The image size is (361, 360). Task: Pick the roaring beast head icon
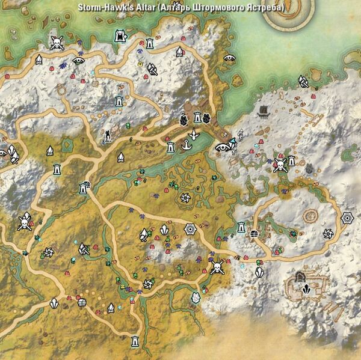[x=121, y=37]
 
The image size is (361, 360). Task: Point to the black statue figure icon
[x=107, y=135]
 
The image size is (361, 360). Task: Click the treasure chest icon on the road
[x=83, y=302]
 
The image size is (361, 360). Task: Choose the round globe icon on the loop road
[x=254, y=234]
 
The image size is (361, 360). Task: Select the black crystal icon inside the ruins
[x=306, y=288]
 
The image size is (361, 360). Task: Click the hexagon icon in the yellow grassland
[x=190, y=228]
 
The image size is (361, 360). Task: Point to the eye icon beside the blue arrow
[x=221, y=146]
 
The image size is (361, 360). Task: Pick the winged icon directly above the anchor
[x=194, y=133]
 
